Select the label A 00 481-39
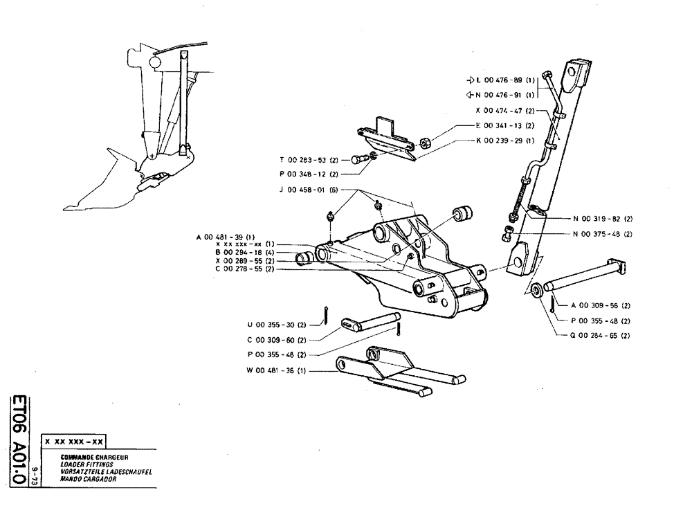[x=235, y=237]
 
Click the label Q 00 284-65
[x=601, y=336]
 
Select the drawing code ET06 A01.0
[x=23, y=435]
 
